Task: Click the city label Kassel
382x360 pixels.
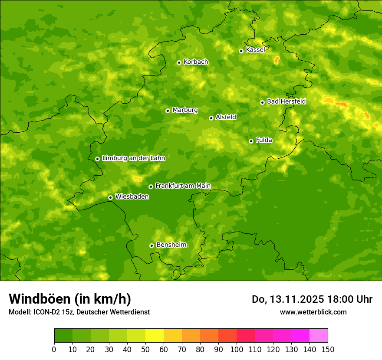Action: [x=255, y=50]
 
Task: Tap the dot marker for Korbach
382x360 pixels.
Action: [x=179, y=62]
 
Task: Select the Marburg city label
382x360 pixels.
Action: [x=185, y=110]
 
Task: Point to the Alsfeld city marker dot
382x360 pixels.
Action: [x=211, y=118]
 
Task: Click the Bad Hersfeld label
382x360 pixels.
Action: [x=286, y=101]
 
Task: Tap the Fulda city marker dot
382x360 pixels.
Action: [x=251, y=141]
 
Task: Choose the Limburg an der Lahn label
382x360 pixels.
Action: [x=133, y=158]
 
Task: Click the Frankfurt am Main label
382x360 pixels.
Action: [x=183, y=186]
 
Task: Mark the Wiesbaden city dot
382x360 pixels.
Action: [x=110, y=197]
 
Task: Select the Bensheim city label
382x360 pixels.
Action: [x=171, y=245]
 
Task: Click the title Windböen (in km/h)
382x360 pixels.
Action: [x=70, y=299]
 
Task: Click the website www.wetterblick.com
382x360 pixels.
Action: [x=313, y=312]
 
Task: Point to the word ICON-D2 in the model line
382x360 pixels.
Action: [x=46, y=312]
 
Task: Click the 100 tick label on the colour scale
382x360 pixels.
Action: [x=237, y=349]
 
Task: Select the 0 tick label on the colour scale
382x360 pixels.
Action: [x=54, y=349]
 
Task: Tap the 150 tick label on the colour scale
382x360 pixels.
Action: [x=328, y=349]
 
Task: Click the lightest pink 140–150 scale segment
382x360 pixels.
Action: [x=319, y=336]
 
